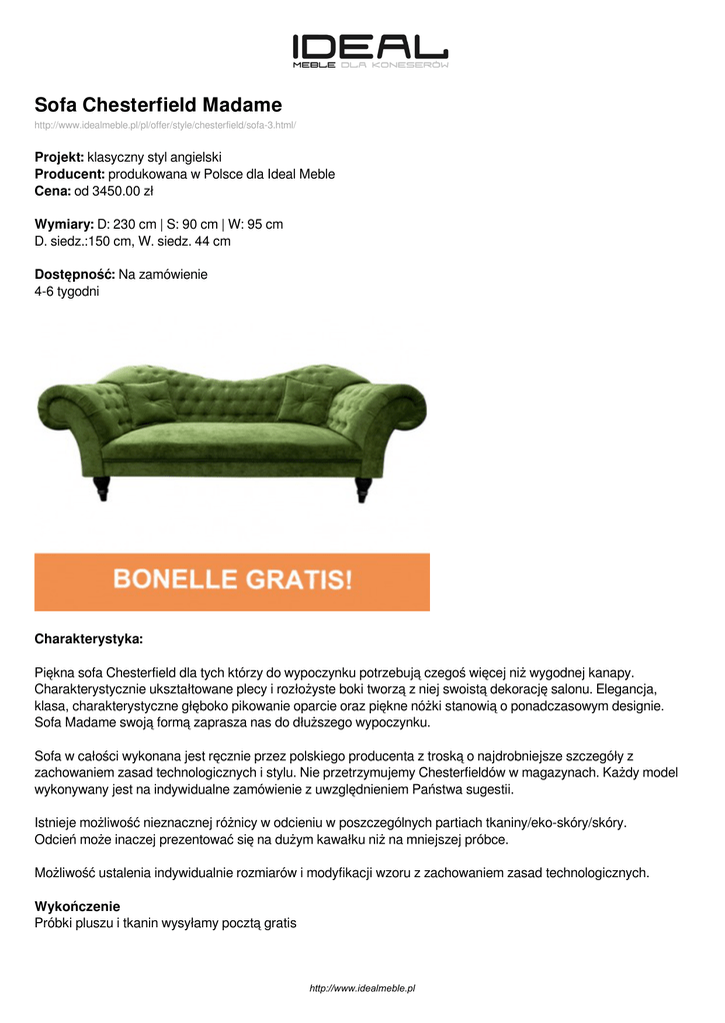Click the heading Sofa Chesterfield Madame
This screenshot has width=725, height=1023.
pyautogui.click(x=158, y=105)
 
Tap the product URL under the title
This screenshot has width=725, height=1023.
pyautogui.click(x=165, y=125)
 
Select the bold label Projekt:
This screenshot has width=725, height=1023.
pyautogui.click(x=59, y=158)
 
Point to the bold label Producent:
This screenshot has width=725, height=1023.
pyautogui.click(x=69, y=174)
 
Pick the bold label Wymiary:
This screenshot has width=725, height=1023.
pyautogui.click(x=64, y=224)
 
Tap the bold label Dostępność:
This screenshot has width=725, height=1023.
pyautogui.click(x=75, y=274)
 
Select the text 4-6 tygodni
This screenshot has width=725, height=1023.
pyautogui.click(x=67, y=291)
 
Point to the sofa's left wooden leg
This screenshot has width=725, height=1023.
pyautogui.click(x=102, y=488)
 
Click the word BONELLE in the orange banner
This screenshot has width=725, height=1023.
pyautogui.click(x=175, y=580)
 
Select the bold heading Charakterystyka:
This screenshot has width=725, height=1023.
pyautogui.click(x=89, y=637)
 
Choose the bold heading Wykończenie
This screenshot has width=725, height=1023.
pyautogui.click(x=77, y=906)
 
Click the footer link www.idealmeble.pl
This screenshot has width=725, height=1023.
pyautogui.click(x=362, y=988)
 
